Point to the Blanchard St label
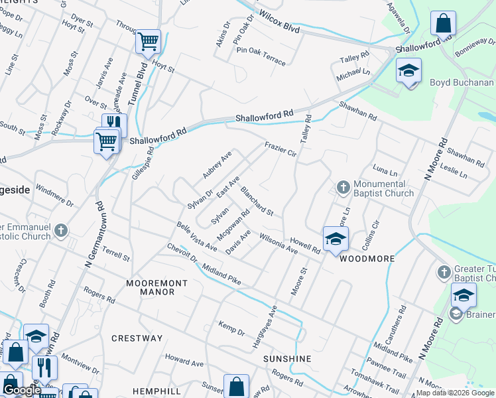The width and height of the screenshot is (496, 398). tap(257, 201)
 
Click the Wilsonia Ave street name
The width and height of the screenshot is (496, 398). tap(279, 243)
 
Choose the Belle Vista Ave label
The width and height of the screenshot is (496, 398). tap(197, 237)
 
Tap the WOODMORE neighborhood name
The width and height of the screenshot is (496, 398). tap(367, 259)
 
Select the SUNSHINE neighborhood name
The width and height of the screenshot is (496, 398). tap(287, 358)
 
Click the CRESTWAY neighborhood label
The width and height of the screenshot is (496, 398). tap(137, 338)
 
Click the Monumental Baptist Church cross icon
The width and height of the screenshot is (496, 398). tap(343, 188)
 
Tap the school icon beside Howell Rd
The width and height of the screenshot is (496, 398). tap(336, 239)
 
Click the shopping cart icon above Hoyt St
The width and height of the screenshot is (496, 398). tap(149, 41)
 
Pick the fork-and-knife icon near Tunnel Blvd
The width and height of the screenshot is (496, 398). tap(114, 124)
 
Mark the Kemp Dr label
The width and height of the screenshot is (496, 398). tap(231, 327)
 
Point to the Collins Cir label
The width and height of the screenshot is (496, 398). tap(374, 231)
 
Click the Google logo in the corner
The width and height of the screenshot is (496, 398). tap(21, 390)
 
